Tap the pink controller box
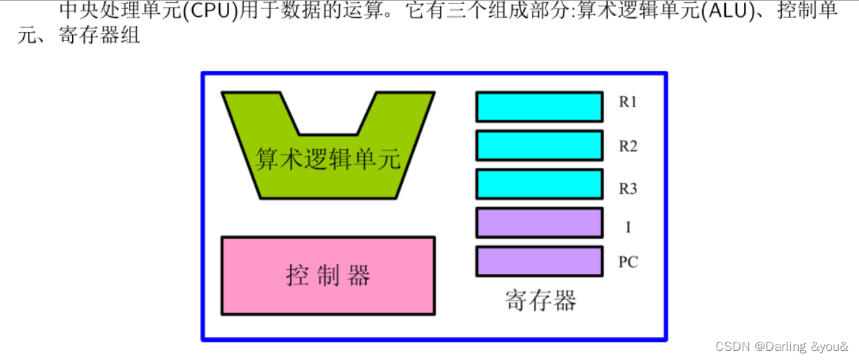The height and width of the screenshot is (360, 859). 328,275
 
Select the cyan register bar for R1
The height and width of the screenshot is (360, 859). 539,107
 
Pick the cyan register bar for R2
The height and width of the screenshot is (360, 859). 539,146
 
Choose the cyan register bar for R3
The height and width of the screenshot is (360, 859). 539,184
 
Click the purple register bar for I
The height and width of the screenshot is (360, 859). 539,223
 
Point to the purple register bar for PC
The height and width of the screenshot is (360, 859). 539,261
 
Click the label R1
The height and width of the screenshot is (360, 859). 628,102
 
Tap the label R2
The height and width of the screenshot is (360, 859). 628,146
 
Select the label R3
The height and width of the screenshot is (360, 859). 628,188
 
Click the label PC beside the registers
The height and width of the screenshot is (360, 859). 628,263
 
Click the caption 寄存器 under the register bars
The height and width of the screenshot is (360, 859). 540,300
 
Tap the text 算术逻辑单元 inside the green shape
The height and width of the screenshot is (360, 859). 328,159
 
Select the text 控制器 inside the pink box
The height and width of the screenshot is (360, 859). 328,275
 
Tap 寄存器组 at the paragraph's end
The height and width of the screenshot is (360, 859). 99,35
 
